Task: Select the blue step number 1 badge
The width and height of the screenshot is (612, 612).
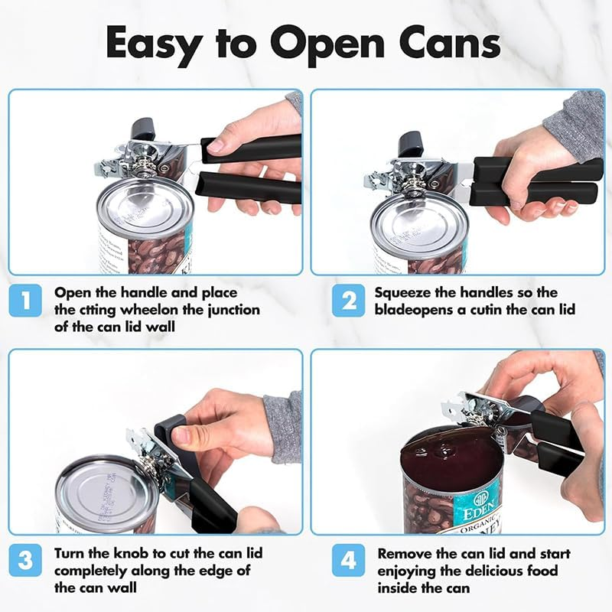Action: [25, 301]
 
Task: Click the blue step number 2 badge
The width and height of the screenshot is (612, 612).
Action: [348, 301]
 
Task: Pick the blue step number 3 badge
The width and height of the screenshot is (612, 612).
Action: [25, 561]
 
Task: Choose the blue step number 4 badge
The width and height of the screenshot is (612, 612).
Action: [348, 561]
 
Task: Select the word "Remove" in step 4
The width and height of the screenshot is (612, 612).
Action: [402, 553]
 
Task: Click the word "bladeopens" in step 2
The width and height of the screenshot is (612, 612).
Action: [409, 310]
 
